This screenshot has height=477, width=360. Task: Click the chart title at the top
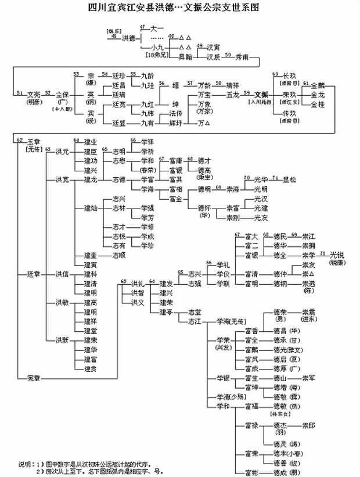coord(179,8)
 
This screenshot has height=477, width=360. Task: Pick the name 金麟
coord(318,84)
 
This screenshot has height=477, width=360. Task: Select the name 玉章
coord(33,141)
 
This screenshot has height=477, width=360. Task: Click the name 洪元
coord(62,151)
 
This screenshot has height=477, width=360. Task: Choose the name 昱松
coord(289,180)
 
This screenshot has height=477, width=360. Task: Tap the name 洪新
coord(62,339)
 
